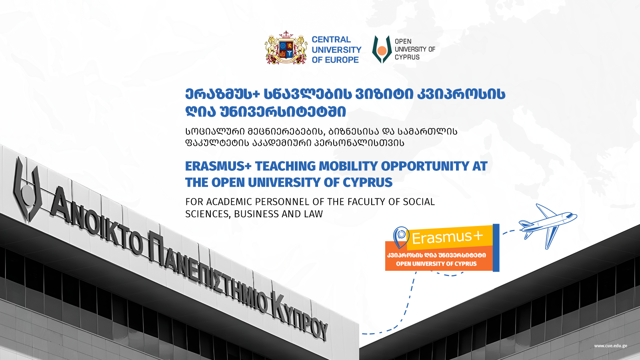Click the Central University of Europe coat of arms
pos(286,48)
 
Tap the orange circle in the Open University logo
pos(382,50)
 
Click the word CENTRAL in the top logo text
pos(331,40)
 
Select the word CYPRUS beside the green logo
pos(407,57)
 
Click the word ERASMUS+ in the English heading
pos(218,166)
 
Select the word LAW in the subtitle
pos(314,214)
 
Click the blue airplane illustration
pos(548,226)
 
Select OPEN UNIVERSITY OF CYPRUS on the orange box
pos(436,264)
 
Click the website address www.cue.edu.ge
pos(610,346)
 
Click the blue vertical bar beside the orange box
pos(496,248)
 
